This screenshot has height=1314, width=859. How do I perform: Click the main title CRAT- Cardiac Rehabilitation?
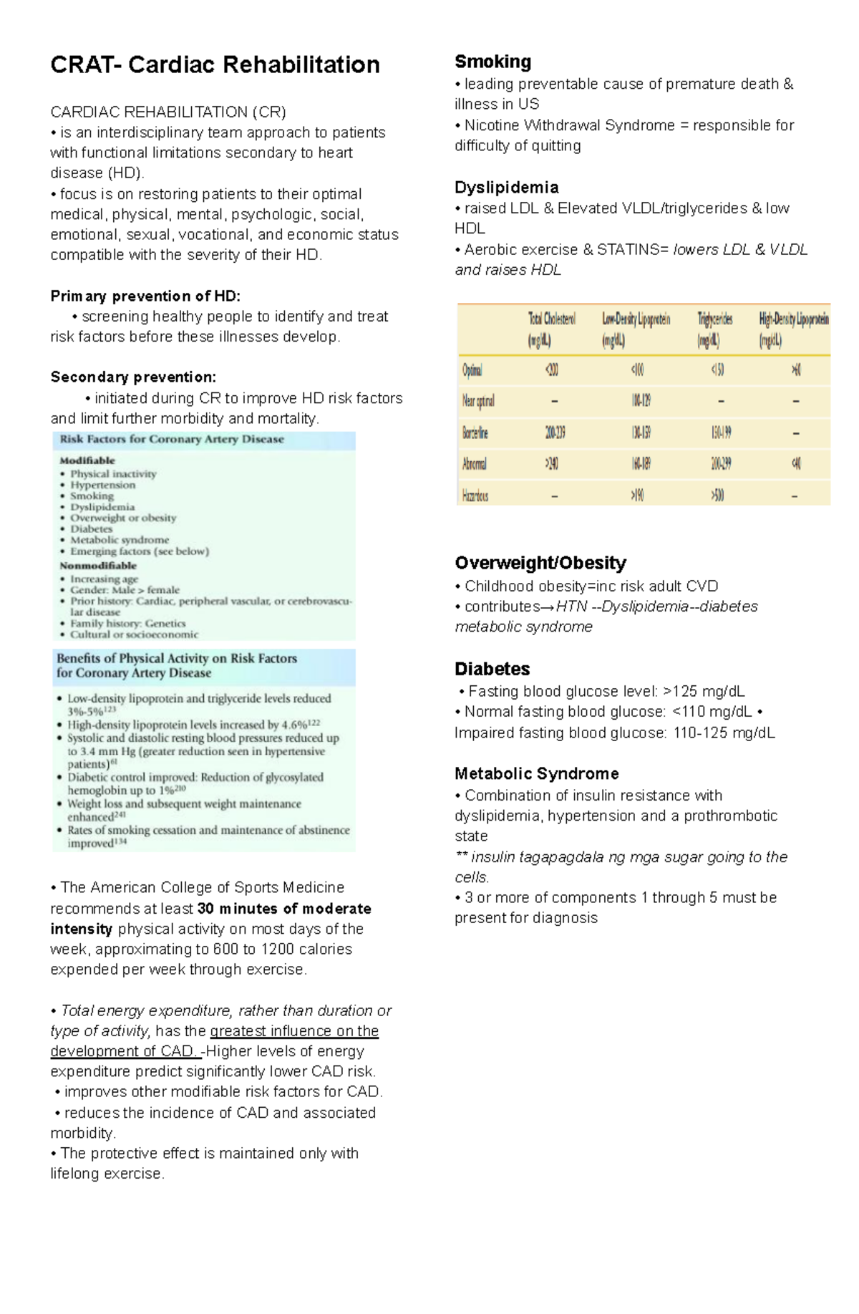[x=215, y=65]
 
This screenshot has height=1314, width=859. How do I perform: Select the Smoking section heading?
[x=492, y=62]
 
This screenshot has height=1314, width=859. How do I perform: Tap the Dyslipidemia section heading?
[x=506, y=188]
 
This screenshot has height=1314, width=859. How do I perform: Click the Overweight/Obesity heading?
[x=540, y=563]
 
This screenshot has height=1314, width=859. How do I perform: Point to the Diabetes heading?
[x=492, y=669]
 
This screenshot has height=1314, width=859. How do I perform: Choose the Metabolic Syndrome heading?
[x=536, y=773]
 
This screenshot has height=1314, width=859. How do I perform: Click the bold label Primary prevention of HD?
[x=145, y=296]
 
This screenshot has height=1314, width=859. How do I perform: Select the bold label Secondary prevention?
[x=133, y=377]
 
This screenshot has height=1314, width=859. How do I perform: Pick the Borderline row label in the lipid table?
[x=475, y=433]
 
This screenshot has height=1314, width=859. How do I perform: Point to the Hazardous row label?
[x=475, y=496]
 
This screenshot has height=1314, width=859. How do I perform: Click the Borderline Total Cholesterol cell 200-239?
[x=555, y=433]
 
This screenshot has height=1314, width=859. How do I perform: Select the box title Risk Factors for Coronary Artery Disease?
[x=172, y=439]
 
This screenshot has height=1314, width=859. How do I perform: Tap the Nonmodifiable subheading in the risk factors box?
[x=97, y=565]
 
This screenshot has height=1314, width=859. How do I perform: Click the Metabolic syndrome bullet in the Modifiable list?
[x=120, y=540]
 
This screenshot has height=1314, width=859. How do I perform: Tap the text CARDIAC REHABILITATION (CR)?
[x=168, y=112]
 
